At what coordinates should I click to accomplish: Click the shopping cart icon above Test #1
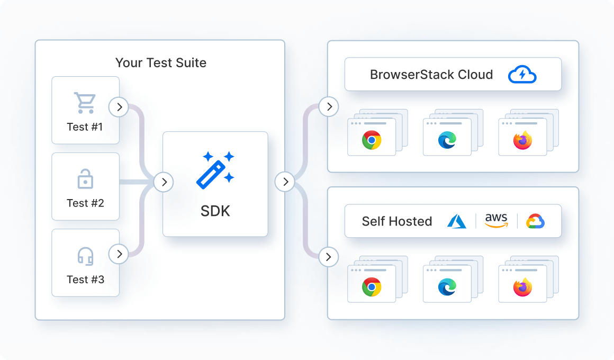85,103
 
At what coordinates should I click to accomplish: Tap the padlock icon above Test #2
85,180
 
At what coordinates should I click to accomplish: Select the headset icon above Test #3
85,256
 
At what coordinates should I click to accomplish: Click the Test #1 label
85,127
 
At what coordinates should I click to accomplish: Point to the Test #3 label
85,280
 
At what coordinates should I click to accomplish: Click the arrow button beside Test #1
119,107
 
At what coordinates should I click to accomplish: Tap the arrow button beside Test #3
119,254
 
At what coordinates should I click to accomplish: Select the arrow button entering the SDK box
164,182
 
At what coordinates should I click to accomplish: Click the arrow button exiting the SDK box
285,182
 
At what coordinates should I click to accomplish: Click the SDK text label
215,211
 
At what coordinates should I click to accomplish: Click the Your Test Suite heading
160,63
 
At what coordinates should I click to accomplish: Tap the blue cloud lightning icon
522,75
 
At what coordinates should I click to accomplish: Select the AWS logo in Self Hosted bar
496,221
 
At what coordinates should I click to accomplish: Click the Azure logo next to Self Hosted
457,221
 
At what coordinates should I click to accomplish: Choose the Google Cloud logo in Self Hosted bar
536,221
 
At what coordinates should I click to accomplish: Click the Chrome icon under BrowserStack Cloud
372,140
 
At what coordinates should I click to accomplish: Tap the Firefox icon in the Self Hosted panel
522,287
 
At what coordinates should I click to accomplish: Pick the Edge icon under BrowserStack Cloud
447,140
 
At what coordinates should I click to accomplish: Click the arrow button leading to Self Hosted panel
329,257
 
